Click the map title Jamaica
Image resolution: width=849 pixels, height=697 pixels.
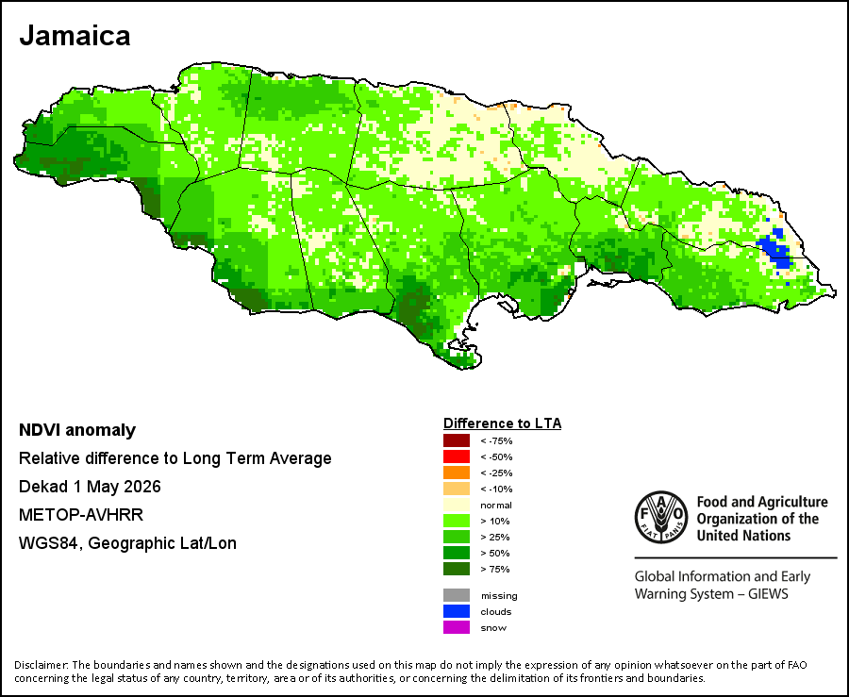[75, 36]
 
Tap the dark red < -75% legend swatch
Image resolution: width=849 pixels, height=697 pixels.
[457, 440]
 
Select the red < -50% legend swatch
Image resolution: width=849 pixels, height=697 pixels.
[457, 456]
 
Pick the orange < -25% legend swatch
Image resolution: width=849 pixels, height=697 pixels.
[457, 473]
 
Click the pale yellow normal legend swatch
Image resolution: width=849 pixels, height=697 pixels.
[457, 505]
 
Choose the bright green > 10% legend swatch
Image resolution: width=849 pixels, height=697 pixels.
[457, 521]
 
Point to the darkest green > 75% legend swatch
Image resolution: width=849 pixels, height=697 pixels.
[457, 569]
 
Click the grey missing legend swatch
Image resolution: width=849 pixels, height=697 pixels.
[457, 595]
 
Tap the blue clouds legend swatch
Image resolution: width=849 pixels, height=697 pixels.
[457, 611]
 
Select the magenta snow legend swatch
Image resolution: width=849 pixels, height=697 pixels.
[457, 627]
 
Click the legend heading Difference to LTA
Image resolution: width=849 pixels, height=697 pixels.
[503, 423]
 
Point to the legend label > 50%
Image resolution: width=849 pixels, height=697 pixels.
[495, 553]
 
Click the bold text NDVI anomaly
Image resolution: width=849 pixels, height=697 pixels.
[77, 430]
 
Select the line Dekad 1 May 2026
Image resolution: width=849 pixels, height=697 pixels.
[90, 487]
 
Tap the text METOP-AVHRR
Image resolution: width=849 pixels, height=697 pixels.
[81, 515]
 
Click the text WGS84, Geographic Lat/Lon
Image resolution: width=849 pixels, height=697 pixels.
[127, 542]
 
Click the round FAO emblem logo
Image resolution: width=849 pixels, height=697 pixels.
[661, 518]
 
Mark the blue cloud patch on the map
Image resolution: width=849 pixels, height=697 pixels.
[776, 250]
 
